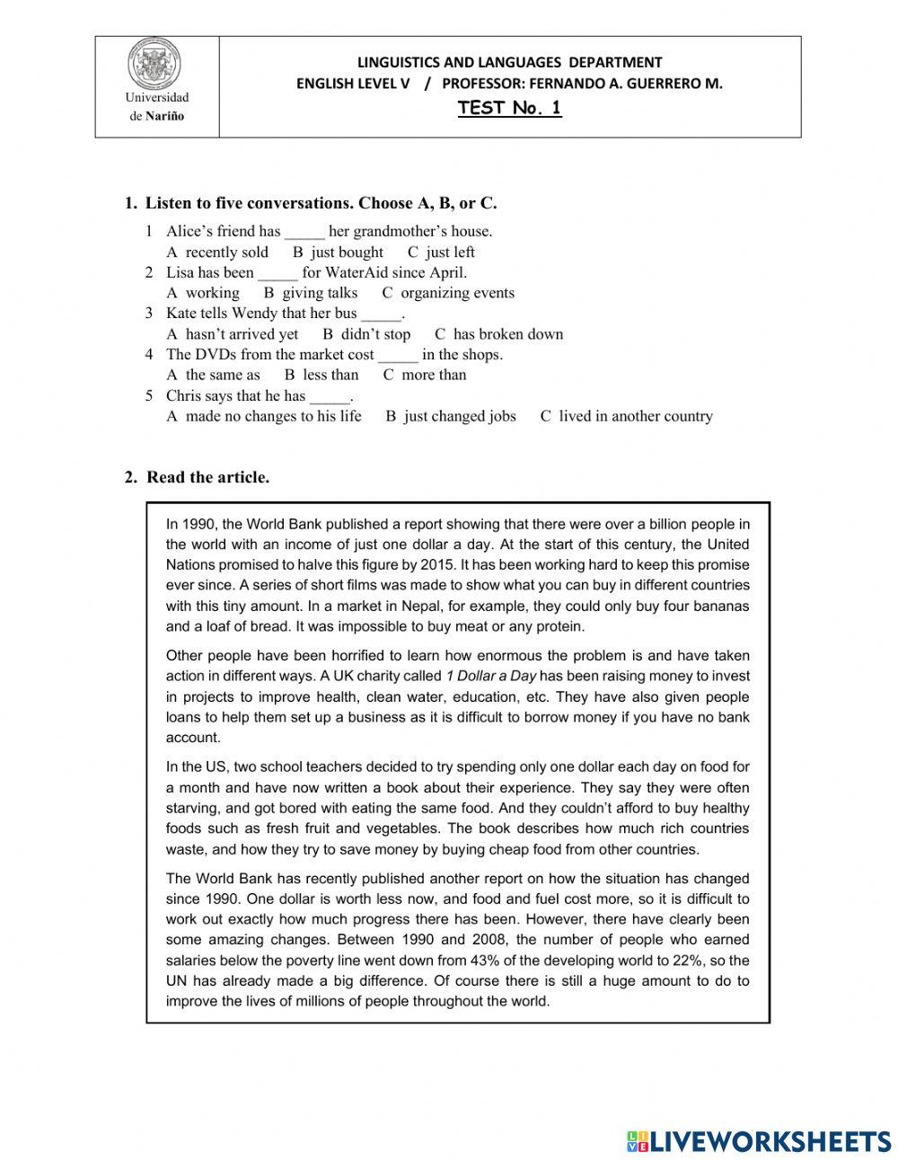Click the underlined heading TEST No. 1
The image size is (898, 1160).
pos(509,109)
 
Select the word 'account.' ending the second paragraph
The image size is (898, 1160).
pos(193,738)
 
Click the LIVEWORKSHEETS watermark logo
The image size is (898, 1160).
pos(759,1141)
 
